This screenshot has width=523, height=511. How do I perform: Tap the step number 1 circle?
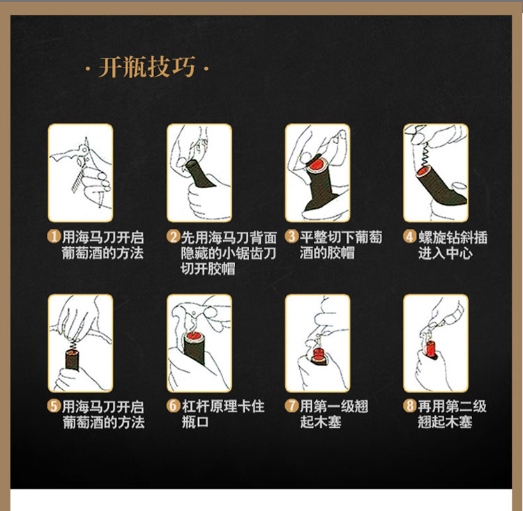click(x=54, y=237)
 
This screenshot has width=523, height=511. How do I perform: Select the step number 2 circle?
click(x=173, y=237)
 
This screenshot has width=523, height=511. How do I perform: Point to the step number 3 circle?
click(x=292, y=237)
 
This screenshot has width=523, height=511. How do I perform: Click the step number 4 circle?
click(x=410, y=237)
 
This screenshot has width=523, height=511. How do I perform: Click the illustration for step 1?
click(x=80, y=173)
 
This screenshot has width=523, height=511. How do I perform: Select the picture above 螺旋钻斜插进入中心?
click(x=436, y=173)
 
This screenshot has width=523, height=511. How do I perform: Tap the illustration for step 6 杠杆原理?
click(x=199, y=343)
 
